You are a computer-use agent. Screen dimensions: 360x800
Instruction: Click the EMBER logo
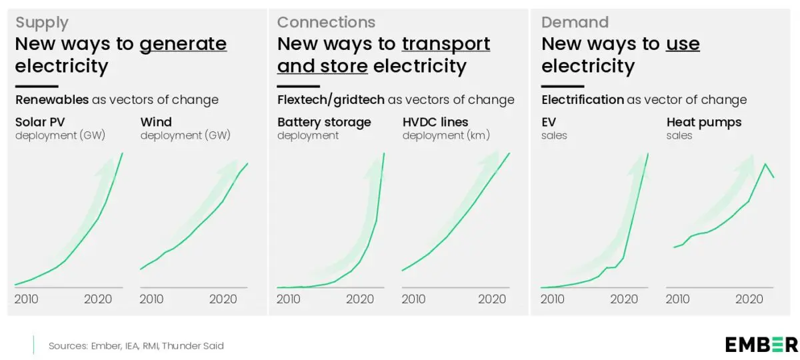click(x=761, y=344)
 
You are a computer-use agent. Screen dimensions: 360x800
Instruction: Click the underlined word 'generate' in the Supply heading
click(x=183, y=45)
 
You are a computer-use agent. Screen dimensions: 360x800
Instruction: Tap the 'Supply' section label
click(x=41, y=23)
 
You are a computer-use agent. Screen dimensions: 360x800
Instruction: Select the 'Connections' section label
click(x=326, y=23)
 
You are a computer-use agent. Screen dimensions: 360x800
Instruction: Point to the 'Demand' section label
click(x=575, y=23)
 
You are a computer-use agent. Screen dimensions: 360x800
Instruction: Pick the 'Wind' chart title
click(x=156, y=122)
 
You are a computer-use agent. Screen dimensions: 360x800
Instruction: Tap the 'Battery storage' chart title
click(x=324, y=122)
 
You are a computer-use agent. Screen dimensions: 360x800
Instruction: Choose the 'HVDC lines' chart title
click(x=435, y=122)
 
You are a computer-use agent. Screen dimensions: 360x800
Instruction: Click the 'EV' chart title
click(x=549, y=122)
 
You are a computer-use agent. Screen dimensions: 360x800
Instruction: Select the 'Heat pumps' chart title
click(x=704, y=122)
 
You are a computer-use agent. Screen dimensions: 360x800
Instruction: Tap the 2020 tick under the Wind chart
click(x=223, y=299)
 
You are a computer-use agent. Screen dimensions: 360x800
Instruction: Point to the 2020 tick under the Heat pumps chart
click(x=749, y=299)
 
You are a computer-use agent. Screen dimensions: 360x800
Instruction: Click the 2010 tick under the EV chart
click(x=553, y=299)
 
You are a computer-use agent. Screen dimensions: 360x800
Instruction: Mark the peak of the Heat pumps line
click(x=765, y=163)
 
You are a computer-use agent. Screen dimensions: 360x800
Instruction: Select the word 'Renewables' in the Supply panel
click(x=52, y=100)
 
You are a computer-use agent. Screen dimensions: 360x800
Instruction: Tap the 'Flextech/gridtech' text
click(x=331, y=100)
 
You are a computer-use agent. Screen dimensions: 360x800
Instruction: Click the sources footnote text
click(x=136, y=345)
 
